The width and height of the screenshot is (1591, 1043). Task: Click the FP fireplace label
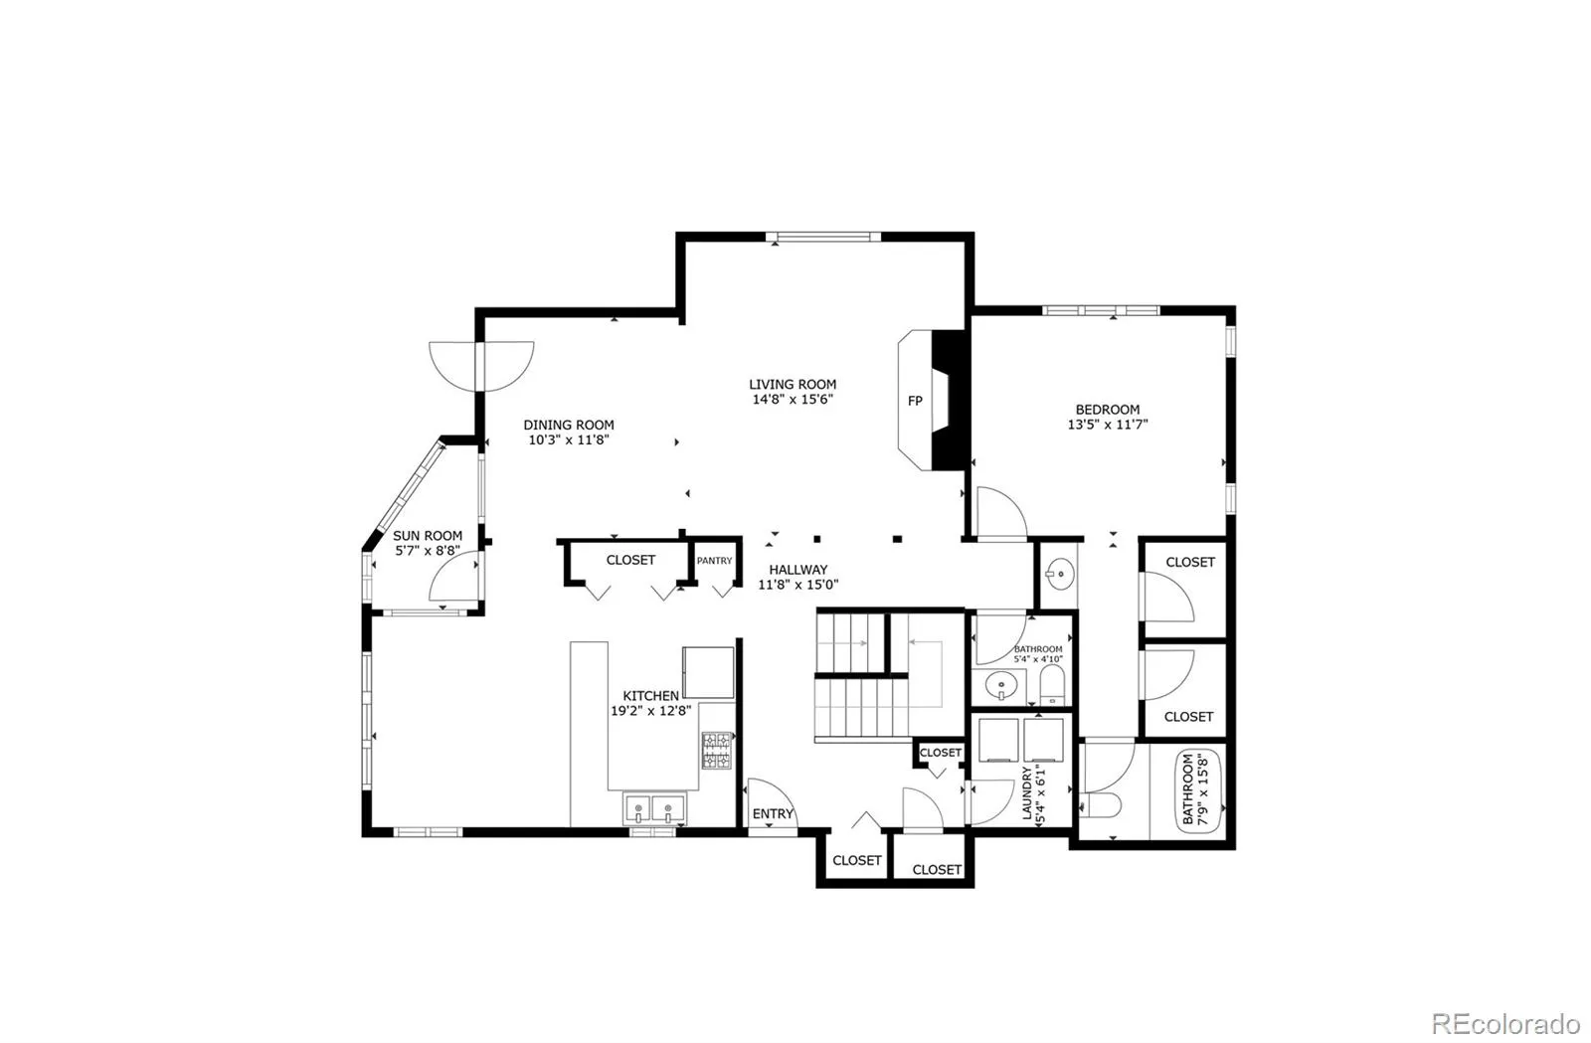(915, 401)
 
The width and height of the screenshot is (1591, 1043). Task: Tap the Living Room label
(793, 384)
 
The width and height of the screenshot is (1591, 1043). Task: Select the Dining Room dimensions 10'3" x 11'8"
(569, 439)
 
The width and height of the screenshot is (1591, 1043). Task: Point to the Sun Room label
(428, 535)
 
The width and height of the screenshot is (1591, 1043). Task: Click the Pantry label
(714, 561)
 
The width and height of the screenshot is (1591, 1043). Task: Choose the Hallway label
(798, 570)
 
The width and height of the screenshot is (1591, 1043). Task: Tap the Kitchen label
(651, 695)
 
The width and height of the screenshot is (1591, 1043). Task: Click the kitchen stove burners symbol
(716, 751)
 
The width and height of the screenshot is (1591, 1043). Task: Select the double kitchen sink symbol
(655, 807)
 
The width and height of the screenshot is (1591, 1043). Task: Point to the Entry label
(773, 813)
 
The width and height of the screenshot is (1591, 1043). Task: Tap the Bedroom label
(1108, 409)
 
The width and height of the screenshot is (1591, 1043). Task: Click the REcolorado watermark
(1504, 1022)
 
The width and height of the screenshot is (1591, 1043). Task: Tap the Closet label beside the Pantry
(630, 560)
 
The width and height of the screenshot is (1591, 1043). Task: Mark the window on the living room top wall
(823, 237)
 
